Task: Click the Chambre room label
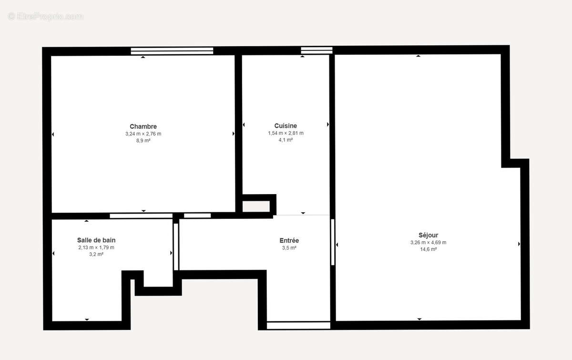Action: point(143,126)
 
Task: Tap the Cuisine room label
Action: point(286,126)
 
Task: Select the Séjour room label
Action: point(428,235)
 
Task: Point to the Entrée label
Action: point(289,241)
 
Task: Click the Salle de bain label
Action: point(96,240)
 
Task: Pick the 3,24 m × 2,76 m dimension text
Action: point(143,134)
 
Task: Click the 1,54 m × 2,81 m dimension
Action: point(286,133)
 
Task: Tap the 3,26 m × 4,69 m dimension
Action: point(428,242)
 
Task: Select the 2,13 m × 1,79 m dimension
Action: point(96,247)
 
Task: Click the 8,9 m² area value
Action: point(143,141)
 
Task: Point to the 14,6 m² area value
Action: point(428,249)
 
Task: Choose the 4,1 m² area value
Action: point(286,140)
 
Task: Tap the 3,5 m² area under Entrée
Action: point(289,248)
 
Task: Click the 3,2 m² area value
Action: point(96,254)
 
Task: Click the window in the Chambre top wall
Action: point(172,51)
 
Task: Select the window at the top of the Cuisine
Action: point(317,51)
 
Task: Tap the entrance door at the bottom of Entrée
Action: point(298,326)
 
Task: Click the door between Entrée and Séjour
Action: point(333,242)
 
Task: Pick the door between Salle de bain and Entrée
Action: point(175,246)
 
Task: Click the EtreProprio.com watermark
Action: point(45,17)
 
